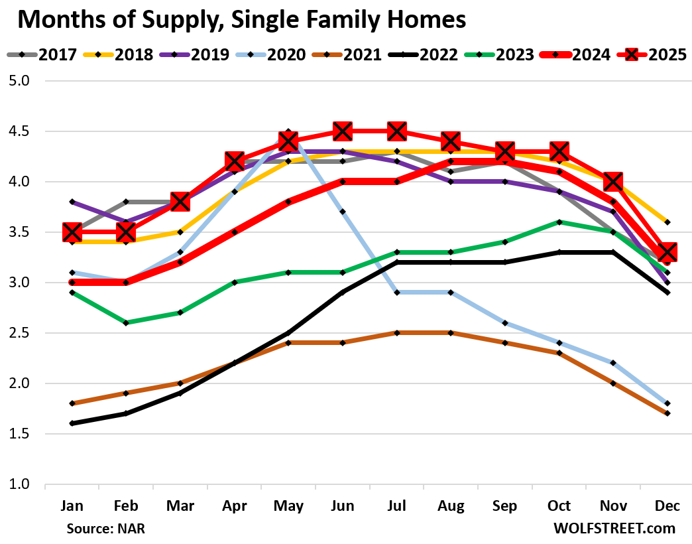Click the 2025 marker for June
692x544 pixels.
coord(343,131)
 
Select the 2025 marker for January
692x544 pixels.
coord(72,232)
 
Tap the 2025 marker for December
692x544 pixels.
coord(667,252)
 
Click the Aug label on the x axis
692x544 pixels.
coord(451,506)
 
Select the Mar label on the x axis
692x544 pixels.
coord(180,506)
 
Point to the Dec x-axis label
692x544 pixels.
coord(667,506)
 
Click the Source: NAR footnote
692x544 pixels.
coord(105,529)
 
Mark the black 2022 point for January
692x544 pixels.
coord(72,423)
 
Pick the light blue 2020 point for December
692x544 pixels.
coord(667,403)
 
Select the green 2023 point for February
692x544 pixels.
coord(126,323)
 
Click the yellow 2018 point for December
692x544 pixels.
coord(667,222)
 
